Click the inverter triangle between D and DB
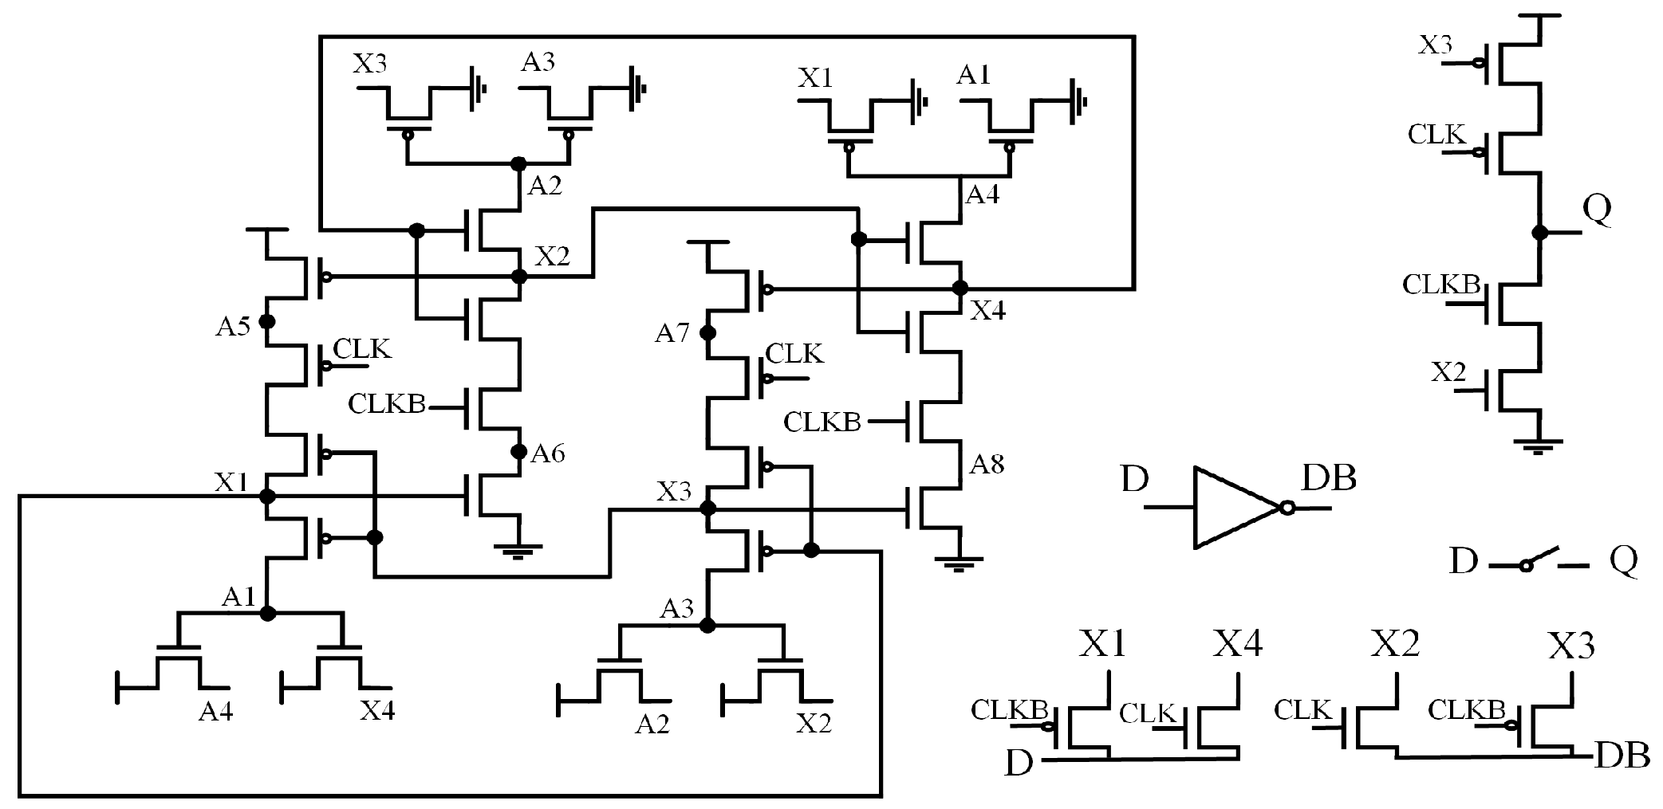(x=1232, y=508)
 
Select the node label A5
(x=232, y=326)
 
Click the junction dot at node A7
(x=707, y=333)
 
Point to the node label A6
(x=548, y=454)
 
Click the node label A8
(x=987, y=464)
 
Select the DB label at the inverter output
(x=1329, y=478)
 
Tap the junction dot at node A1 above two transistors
(x=267, y=613)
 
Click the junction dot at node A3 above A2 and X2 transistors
(x=707, y=626)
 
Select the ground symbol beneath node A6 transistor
(x=518, y=550)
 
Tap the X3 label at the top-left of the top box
(x=370, y=63)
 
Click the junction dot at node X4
(x=960, y=288)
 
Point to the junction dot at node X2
(x=519, y=277)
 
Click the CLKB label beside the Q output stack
(x=1441, y=285)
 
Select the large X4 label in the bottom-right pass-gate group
(x=1238, y=642)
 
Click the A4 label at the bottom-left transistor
(x=215, y=710)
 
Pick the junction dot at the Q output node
(x=1539, y=233)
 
